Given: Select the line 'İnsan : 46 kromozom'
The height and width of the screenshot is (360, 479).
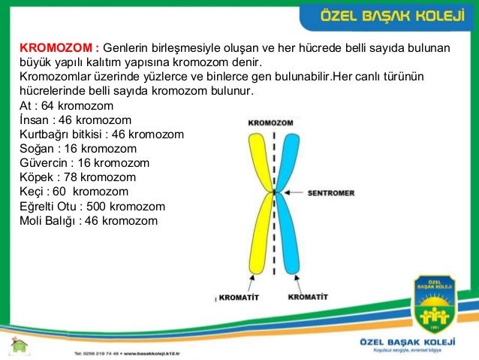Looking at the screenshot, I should pos(75,120).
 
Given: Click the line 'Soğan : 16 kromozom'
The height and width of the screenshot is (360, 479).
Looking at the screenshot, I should pos(77,149).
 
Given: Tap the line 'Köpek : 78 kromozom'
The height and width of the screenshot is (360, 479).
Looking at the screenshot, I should pos(77,177).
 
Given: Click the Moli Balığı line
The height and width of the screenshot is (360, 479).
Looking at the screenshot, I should pos(89,220).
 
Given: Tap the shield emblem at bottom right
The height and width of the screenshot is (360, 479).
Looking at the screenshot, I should pos(435,307).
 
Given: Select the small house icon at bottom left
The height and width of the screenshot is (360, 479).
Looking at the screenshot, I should pos(20,345).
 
